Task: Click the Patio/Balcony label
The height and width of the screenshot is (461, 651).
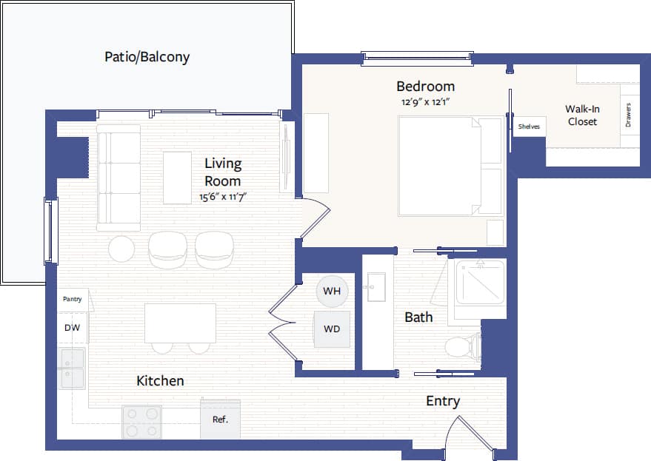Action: (147, 56)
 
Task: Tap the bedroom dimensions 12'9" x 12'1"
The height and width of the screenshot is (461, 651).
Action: (425, 102)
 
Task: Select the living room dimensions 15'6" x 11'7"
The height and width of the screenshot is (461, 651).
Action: (222, 198)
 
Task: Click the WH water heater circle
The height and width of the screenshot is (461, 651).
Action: (331, 291)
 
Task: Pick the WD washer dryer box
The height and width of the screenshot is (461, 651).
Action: (331, 329)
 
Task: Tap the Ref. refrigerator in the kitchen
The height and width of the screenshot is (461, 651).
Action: (221, 419)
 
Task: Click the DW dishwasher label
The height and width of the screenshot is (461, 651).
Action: (72, 327)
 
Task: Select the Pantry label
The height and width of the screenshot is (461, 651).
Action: (72, 300)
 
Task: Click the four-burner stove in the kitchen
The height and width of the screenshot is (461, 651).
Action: (141, 422)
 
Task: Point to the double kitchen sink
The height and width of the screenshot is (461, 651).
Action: (73, 369)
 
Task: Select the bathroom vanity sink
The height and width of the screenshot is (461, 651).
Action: (376, 286)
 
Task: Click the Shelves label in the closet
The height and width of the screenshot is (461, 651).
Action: (529, 127)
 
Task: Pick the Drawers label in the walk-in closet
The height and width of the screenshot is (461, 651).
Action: (629, 114)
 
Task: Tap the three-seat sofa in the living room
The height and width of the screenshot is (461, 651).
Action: (118, 177)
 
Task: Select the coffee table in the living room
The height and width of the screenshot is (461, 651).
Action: (177, 178)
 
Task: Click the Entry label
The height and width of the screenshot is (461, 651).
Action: (443, 401)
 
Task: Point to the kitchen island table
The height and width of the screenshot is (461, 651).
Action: (180, 323)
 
